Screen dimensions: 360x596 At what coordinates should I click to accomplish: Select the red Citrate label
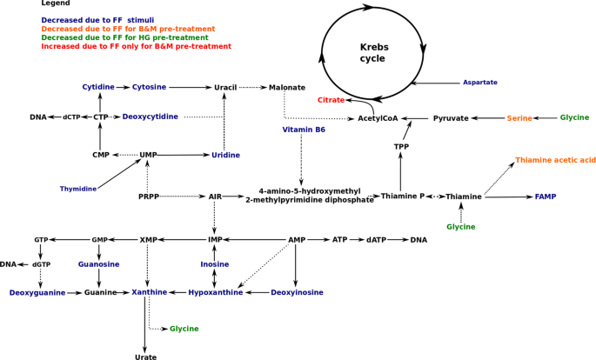(331, 101)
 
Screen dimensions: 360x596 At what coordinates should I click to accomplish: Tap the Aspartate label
(479, 83)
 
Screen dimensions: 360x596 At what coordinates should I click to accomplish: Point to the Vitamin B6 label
(304, 130)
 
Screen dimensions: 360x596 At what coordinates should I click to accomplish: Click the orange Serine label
(519, 118)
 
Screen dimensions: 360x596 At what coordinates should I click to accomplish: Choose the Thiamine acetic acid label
(555, 160)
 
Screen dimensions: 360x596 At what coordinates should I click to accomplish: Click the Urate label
(146, 357)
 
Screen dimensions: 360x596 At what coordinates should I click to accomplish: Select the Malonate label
(287, 88)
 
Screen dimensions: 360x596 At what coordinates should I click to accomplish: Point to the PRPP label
(149, 197)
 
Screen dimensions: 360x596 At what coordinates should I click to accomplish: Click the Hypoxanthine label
(216, 293)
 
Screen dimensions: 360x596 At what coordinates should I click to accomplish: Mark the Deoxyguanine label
(37, 293)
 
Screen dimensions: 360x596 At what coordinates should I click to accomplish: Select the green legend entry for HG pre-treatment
(124, 37)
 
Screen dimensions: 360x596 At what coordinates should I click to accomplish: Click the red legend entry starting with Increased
(136, 46)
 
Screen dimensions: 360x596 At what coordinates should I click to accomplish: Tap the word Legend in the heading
(56, 3)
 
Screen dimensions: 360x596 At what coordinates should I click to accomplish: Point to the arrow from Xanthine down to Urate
(145, 323)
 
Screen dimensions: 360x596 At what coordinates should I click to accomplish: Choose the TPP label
(401, 147)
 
